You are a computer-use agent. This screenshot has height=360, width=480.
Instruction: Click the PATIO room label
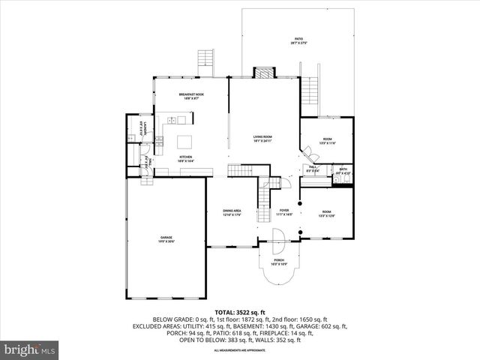click(x=298, y=40)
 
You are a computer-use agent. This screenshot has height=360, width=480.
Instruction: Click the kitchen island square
click(x=185, y=140)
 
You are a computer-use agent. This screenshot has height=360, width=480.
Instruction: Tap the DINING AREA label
click(x=232, y=211)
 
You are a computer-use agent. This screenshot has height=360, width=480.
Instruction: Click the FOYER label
click(x=284, y=211)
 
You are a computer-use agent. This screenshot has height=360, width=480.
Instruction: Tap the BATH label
click(x=342, y=170)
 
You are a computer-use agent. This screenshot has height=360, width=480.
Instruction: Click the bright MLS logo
click(x=31, y=349)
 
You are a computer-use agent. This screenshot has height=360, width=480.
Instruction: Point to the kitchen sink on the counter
click(x=172, y=121)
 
